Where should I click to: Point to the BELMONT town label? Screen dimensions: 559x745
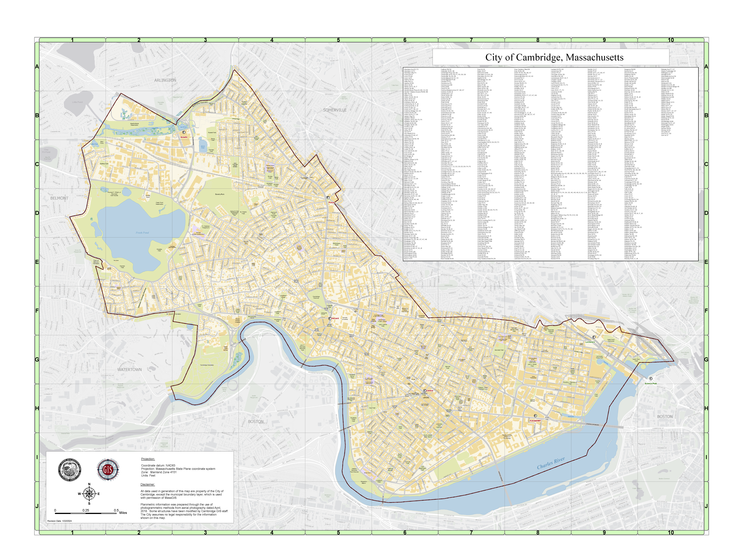click(59, 198)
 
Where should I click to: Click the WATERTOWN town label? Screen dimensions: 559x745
click(129, 370)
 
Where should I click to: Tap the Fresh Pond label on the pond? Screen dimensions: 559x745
click(142, 233)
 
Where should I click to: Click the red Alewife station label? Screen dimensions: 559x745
click(184, 137)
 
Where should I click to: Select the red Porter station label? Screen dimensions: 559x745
click(331, 202)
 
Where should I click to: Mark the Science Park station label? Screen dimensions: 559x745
click(651, 383)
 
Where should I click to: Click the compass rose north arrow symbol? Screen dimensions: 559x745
click(89, 494)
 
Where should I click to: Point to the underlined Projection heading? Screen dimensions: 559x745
click(148, 459)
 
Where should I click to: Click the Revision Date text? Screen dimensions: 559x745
click(60, 521)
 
